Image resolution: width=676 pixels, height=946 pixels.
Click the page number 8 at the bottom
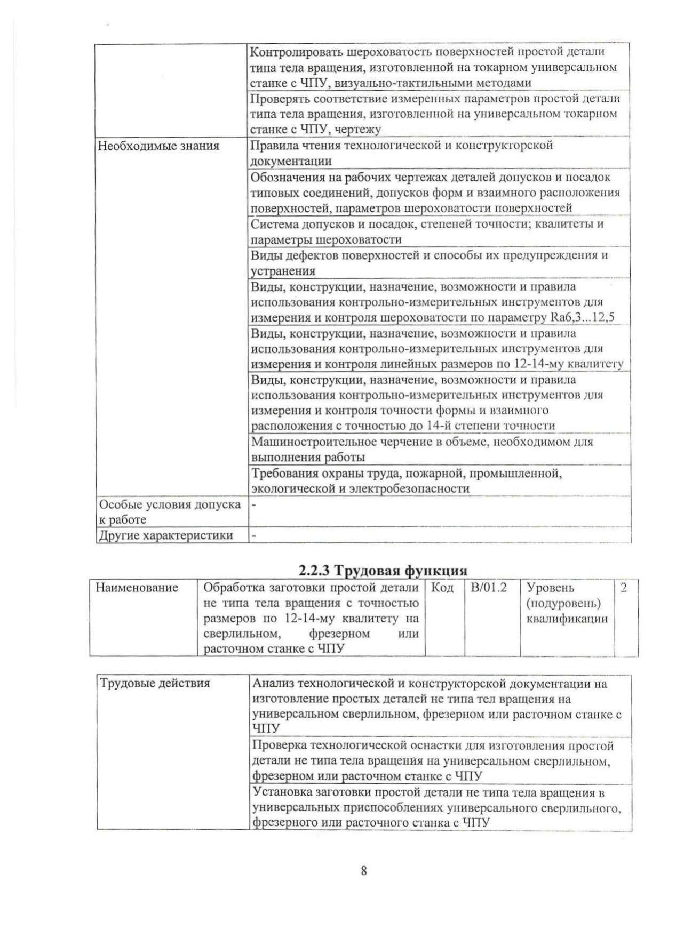[x=363, y=871]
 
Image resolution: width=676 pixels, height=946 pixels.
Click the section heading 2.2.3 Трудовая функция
[x=383, y=571]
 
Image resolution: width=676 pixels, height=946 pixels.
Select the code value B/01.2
[x=488, y=588]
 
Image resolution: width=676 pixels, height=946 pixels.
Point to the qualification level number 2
[x=623, y=588]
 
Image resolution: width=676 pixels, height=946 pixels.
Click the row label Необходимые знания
[x=158, y=146]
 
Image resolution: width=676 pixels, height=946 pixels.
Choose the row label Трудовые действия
[x=155, y=684]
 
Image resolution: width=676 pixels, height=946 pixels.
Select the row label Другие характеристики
[x=165, y=535]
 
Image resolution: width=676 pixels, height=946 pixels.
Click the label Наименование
[x=137, y=588]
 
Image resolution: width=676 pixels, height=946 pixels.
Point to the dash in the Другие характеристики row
[x=253, y=535]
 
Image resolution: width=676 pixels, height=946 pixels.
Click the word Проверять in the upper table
[x=280, y=99]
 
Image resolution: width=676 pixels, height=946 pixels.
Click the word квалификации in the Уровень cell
[x=567, y=619]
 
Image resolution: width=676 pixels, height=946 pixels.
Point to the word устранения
[x=283, y=271]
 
